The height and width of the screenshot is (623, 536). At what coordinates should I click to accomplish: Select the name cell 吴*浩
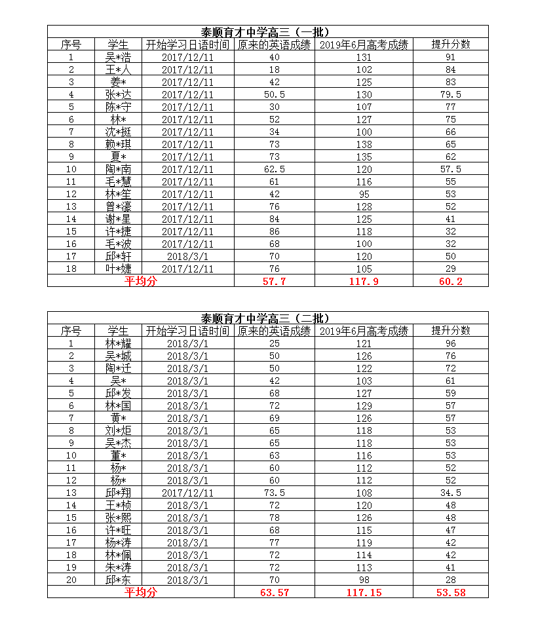tap(118, 57)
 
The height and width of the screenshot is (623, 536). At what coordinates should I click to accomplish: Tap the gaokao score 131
tap(364, 57)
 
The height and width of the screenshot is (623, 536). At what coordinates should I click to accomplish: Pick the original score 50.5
tap(274, 94)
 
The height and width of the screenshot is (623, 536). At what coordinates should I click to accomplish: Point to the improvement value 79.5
tap(450, 94)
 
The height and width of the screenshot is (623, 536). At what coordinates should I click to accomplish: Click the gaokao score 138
tap(364, 144)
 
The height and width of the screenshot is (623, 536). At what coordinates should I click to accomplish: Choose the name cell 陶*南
tap(118, 169)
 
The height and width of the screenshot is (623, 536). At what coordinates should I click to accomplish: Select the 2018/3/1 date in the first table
tap(187, 256)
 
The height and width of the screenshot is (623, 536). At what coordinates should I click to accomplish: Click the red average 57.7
tap(274, 281)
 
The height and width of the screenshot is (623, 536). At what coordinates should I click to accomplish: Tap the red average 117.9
tap(364, 281)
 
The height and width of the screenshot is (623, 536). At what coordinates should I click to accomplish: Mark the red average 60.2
tap(450, 281)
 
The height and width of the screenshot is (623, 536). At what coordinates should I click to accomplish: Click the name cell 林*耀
tap(118, 343)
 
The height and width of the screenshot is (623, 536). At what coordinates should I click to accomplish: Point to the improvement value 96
tap(450, 343)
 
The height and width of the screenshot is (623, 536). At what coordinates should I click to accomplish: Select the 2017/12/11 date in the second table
tap(187, 493)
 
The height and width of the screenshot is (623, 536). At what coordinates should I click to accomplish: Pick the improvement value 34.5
tap(450, 493)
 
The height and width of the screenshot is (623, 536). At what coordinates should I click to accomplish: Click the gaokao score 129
tap(364, 406)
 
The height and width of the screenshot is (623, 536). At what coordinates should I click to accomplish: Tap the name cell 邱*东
tap(118, 580)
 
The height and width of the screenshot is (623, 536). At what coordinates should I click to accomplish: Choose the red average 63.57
tap(274, 592)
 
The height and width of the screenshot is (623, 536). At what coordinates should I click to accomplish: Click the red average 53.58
tap(450, 592)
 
